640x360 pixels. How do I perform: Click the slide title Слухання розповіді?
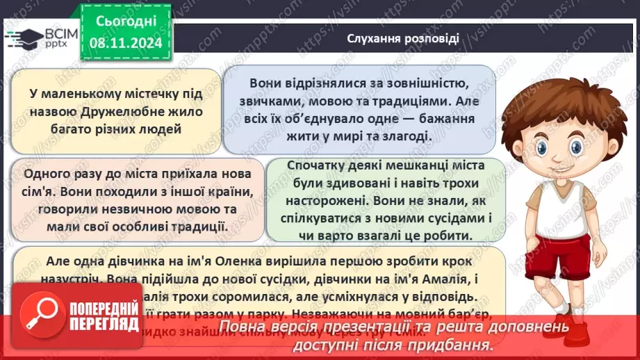click(403, 38)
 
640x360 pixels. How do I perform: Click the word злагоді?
click(404, 136)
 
